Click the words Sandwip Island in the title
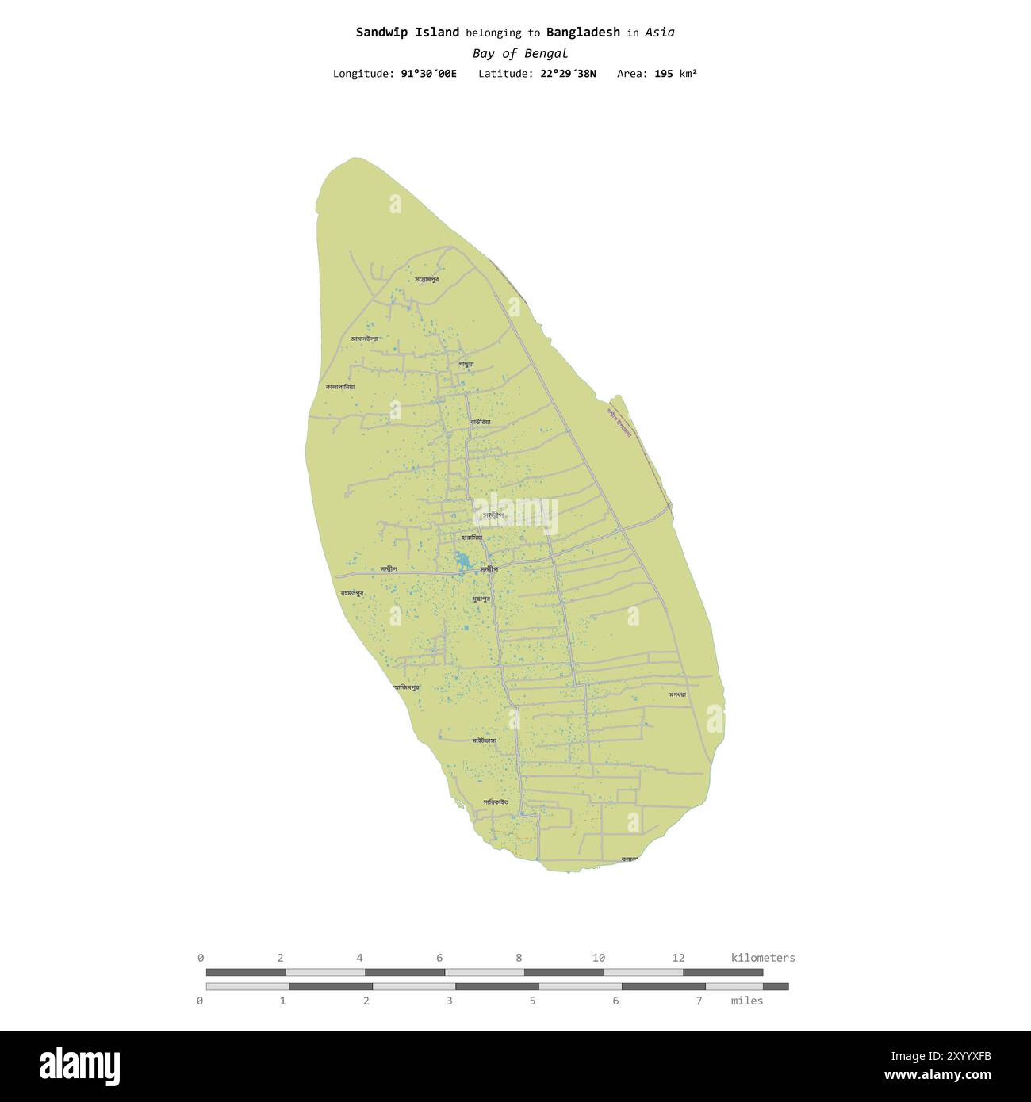(x=407, y=33)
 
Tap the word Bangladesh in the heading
(x=583, y=33)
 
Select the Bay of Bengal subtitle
(x=519, y=54)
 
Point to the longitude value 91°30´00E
(x=428, y=74)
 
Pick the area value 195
(x=664, y=74)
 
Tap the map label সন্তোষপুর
(x=427, y=279)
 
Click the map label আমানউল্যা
(x=364, y=339)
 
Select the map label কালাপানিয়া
(x=339, y=387)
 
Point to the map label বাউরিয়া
(x=480, y=421)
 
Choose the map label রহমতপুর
(x=352, y=592)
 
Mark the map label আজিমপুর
(x=407, y=687)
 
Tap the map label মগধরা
(x=676, y=694)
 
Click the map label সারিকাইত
(x=496, y=802)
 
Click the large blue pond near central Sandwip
(x=462, y=562)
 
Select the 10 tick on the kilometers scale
(x=599, y=958)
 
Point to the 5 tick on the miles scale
(x=532, y=1001)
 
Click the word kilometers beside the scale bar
(x=762, y=958)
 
